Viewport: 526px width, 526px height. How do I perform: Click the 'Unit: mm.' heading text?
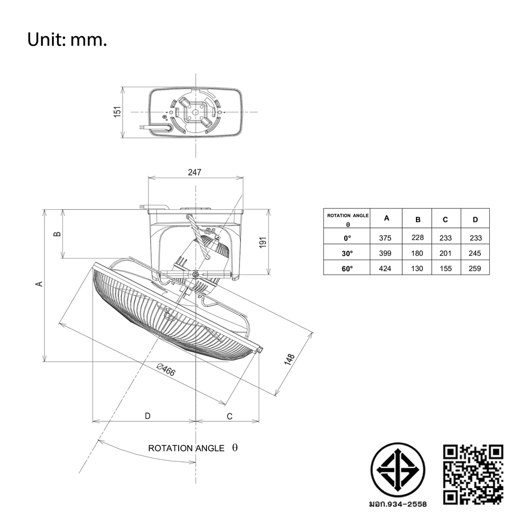pos(67,39)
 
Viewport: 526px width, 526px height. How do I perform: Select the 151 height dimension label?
pos(117,112)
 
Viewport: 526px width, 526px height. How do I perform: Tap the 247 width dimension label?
pos(195,172)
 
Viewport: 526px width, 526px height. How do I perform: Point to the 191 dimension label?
pos(262,242)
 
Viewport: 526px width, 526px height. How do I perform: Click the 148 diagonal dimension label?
pos(289,359)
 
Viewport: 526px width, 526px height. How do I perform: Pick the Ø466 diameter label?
pos(166,370)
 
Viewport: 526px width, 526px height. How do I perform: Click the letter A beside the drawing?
pos(39,284)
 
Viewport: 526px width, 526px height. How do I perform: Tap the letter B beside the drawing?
pos(58,233)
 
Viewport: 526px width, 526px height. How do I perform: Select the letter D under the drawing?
pos(147,416)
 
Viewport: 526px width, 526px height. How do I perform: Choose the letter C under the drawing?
pos(230,416)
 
